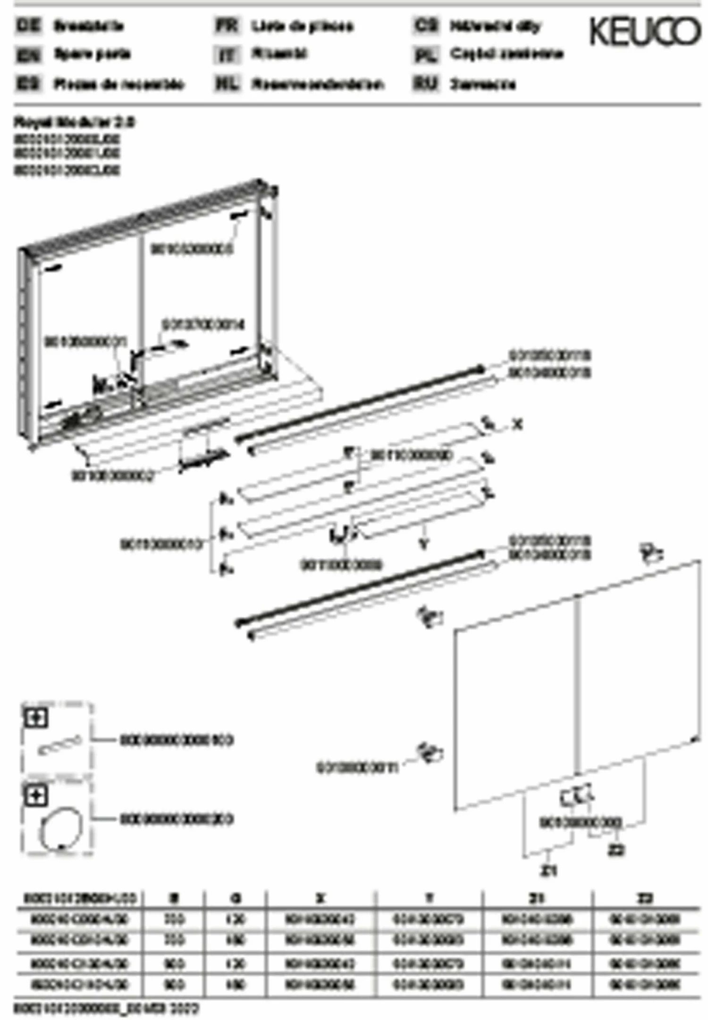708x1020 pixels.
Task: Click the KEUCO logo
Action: (x=645, y=32)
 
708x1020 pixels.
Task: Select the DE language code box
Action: (x=29, y=25)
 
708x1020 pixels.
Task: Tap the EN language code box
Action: (x=29, y=55)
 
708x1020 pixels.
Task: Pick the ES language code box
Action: (x=29, y=84)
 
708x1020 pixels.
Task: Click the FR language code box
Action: (x=227, y=25)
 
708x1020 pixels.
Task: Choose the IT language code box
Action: (x=227, y=55)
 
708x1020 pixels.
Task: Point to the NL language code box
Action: (x=227, y=84)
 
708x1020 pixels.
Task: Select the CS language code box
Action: (x=425, y=25)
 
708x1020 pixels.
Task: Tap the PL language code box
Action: (x=425, y=55)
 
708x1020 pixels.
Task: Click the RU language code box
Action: (x=425, y=84)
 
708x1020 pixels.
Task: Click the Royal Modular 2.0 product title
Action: (x=74, y=123)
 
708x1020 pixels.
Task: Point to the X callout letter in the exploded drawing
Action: (x=518, y=425)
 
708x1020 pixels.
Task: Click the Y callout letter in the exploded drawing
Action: (x=424, y=544)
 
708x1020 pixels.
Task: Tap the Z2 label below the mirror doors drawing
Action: (x=615, y=850)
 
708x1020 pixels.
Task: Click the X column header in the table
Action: (x=320, y=898)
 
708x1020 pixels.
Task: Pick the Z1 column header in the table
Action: (x=537, y=898)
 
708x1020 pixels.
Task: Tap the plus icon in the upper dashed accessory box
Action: (x=36, y=718)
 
